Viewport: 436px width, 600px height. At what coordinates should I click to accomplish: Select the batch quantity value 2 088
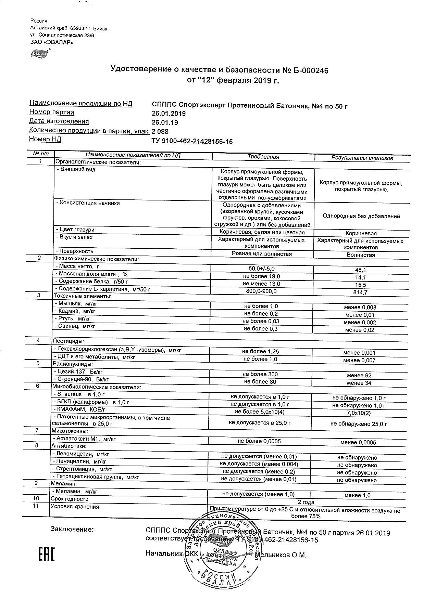(160, 132)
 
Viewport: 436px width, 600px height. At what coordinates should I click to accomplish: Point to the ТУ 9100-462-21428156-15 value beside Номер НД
(192, 141)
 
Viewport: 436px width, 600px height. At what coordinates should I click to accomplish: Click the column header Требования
(263, 157)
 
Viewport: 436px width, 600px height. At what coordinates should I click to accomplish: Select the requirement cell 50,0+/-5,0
(261, 269)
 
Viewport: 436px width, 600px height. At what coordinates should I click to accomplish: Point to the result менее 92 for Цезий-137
(359, 375)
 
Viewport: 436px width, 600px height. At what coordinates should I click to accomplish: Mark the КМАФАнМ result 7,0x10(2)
(359, 413)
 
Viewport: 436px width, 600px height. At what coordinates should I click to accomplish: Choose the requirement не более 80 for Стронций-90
(260, 382)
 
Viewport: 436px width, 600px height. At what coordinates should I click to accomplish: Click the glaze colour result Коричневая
(361, 233)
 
